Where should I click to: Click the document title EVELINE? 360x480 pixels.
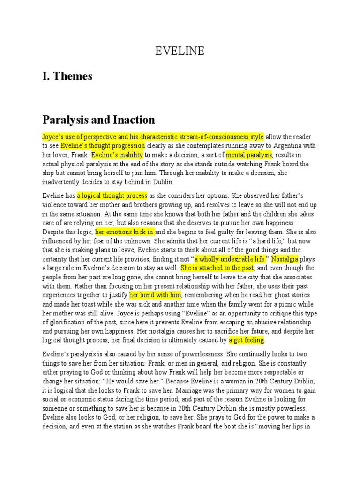pyautogui.click(x=180, y=51)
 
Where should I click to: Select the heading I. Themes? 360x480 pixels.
pyautogui.click(x=67, y=76)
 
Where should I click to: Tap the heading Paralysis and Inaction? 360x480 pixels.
pyautogui.click(x=98, y=120)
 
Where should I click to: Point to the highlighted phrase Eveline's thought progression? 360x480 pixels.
pyautogui.click(x=103, y=145)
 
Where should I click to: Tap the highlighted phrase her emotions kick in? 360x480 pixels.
pyautogui.click(x=125, y=232)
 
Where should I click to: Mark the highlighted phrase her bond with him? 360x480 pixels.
pyautogui.click(x=155, y=295)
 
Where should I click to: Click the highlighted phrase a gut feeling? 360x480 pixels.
pyautogui.click(x=247, y=340)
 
